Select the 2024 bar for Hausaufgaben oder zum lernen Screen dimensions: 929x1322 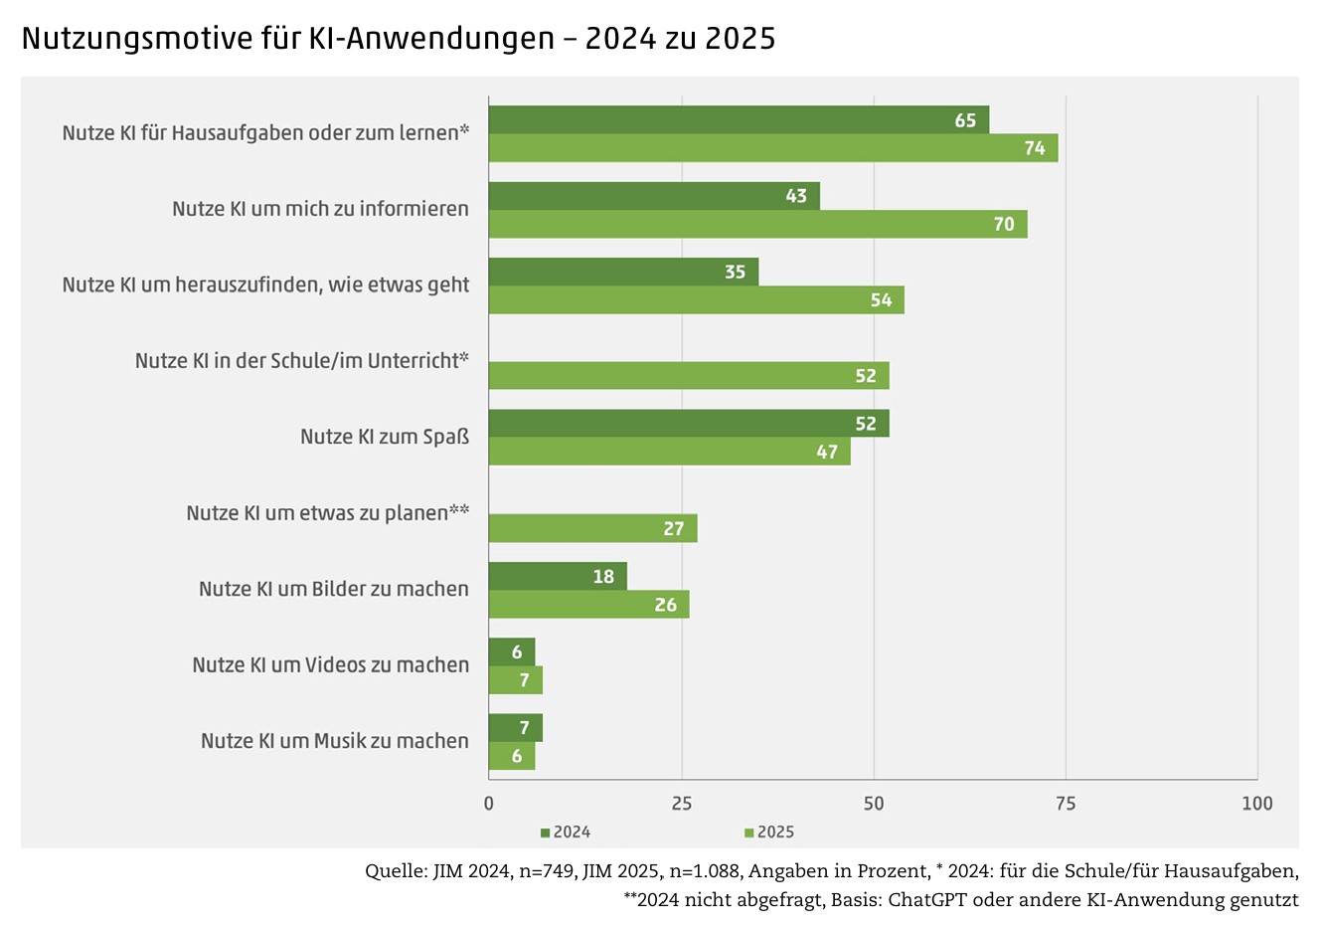click(x=738, y=119)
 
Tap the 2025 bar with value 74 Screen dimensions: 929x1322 click(x=772, y=148)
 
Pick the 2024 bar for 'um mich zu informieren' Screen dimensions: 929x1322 click(x=653, y=196)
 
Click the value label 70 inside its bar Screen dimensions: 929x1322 click(x=1004, y=224)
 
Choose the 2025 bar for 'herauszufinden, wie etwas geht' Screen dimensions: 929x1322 click(x=696, y=300)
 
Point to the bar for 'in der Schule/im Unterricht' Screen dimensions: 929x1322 click(x=688, y=376)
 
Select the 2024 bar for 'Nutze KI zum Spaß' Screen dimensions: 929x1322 click(x=688, y=423)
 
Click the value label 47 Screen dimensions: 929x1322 click(x=827, y=452)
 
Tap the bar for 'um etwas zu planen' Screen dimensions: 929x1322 click(x=592, y=528)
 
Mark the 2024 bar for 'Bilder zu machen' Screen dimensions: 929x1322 click(x=557, y=576)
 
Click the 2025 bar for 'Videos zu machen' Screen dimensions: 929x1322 click(x=515, y=680)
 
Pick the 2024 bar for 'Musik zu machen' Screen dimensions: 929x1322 click(x=515, y=728)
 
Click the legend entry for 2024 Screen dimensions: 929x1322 click(x=566, y=833)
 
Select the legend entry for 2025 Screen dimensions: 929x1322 click(x=769, y=833)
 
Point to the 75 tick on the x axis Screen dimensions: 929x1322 click(x=1066, y=804)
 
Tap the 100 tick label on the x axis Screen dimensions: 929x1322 click(x=1257, y=804)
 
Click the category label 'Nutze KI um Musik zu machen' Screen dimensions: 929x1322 click(x=334, y=741)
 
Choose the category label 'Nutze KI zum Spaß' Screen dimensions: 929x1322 click(x=385, y=437)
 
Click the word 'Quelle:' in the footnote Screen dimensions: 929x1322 click(x=396, y=872)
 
